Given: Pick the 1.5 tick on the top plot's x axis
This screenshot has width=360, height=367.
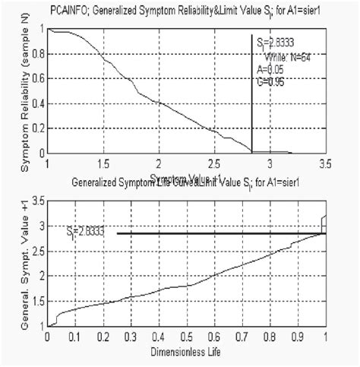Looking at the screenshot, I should [x=103, y=163].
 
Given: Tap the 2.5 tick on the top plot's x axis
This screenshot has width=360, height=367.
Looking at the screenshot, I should [x=214, y=163].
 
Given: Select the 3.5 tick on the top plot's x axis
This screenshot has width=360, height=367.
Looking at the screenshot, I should [x=325, y=163].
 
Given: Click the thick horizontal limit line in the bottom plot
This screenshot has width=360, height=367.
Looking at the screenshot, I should [x=220, y=233].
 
